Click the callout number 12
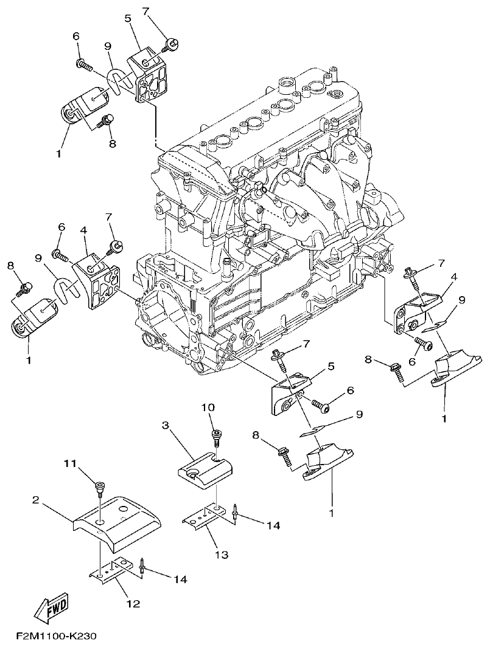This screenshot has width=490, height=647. pos(133,604)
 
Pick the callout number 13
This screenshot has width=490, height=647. pos(221,555)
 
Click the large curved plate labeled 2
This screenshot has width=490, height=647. pos(119,517)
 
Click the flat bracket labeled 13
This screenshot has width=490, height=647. pos(207,517)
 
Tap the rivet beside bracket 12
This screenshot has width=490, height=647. pos(142,568)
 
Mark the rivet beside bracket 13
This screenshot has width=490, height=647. pos(235,512)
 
